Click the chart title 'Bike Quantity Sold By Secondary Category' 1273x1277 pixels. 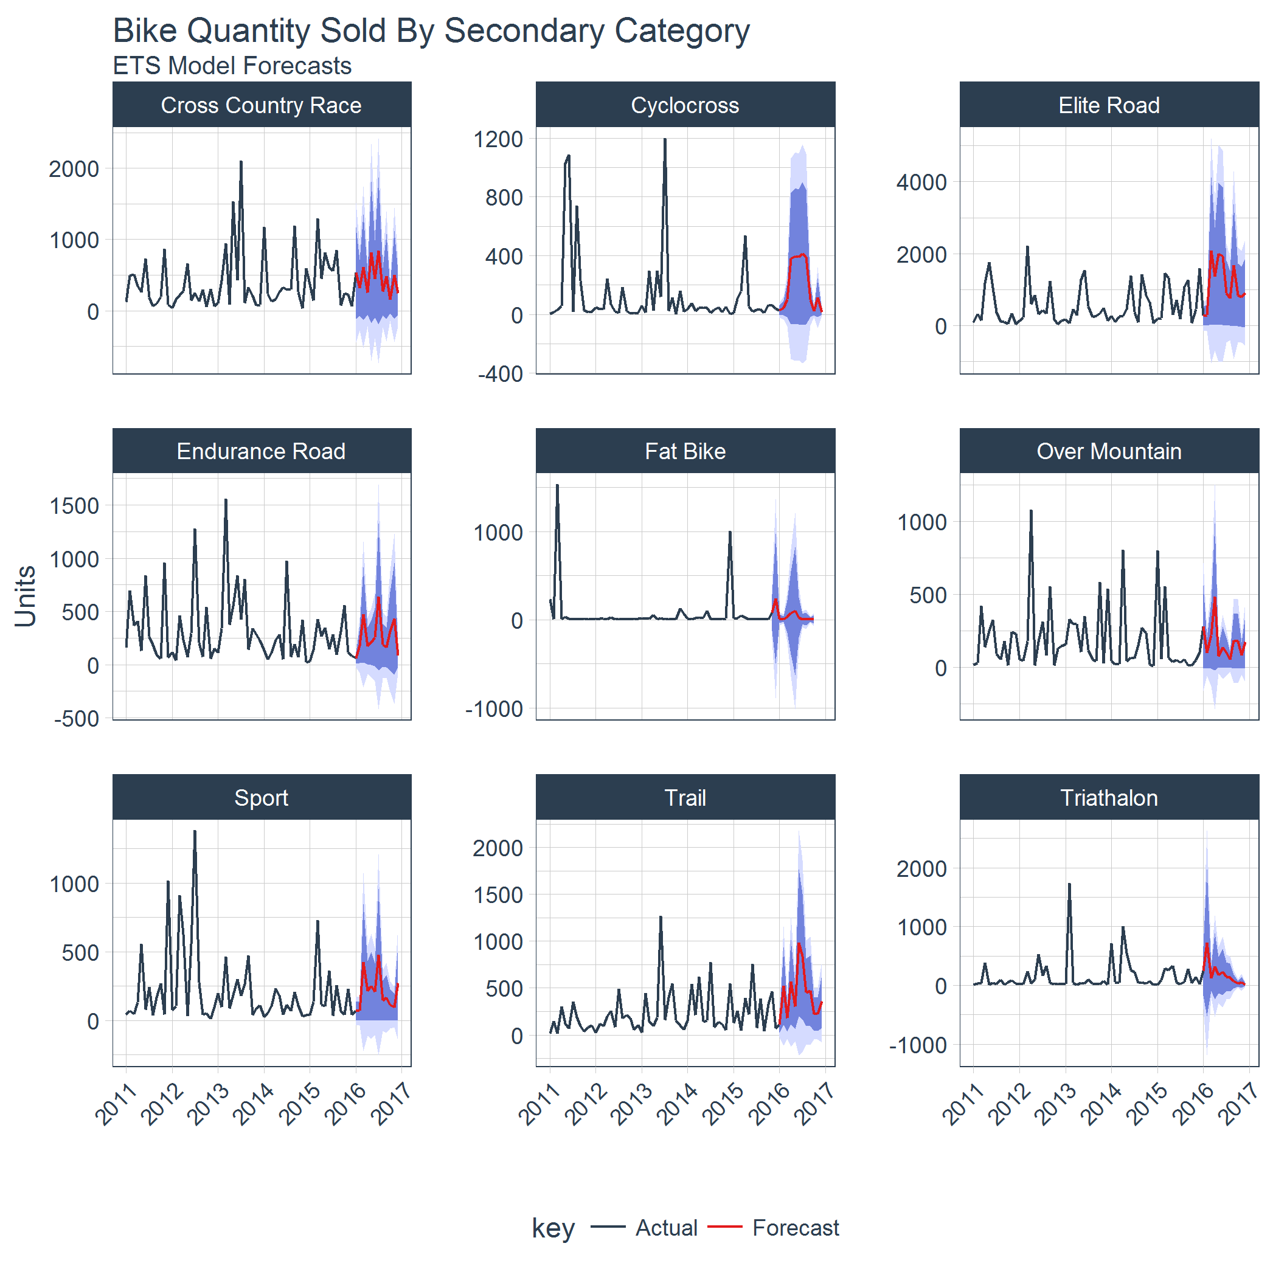(x=431, y=30)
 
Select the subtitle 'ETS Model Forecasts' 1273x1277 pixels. (x=232, y=66)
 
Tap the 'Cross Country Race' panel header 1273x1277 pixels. (x=261, y=105)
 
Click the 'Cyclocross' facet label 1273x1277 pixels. (x=685, y=105)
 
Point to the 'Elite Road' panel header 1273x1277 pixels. (x=1108, y=105)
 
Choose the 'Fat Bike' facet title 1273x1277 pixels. (x=685, y=451)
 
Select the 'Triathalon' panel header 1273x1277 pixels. (x=1108, y=798)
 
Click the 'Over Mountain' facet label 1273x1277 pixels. (x=1108, y=451)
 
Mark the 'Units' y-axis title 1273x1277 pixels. (x=25, y=595)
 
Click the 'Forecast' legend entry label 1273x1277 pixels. (x=795, y=1227)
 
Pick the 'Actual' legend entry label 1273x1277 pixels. (x=666, y=1227)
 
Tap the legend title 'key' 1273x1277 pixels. (x=553, y=1227)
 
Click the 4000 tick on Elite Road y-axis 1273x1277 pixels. (x=921, y=182)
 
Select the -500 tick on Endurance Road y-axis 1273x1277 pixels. (x=77, y=719)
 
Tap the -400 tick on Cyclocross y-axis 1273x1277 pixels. (x=501, y=374)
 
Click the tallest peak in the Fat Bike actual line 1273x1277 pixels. (x=557, y=485)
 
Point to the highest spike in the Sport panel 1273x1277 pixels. (x=194, y=831)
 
